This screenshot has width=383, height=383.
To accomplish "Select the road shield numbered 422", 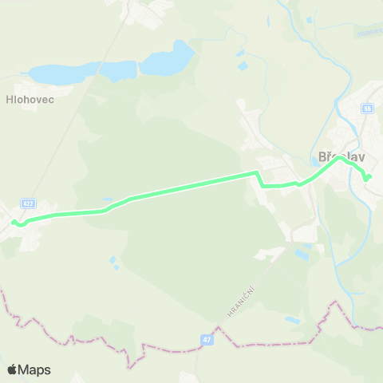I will pyautogui.click(x=29, y=203).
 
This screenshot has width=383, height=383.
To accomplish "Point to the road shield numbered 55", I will pyautogui.click(x=368, y=108).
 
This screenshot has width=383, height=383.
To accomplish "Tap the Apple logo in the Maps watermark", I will pyautogui.click(x=12, y=369).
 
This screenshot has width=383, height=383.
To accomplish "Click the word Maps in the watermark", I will pyautogui.click(x=35, y=369).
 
